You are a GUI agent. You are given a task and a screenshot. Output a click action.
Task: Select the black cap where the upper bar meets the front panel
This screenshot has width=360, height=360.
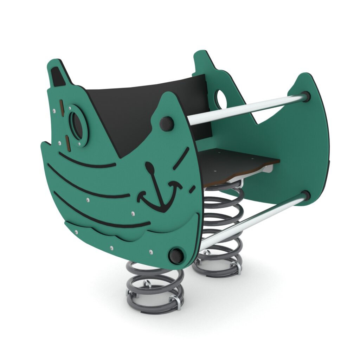click(x=167, y=123)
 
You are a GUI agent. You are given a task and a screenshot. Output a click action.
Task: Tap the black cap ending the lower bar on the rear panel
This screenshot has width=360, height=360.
click(x=306, y=195)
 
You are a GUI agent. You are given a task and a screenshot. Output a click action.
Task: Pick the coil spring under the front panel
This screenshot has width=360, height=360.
click(x=155, y=288)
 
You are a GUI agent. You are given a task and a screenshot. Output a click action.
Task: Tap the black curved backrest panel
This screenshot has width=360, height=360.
click(x=141, y=105)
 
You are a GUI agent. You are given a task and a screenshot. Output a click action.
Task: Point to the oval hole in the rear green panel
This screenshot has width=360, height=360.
click(x=221, y=99)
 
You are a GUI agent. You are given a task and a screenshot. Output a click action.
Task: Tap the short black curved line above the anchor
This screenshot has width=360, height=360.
click(x=181, y=158)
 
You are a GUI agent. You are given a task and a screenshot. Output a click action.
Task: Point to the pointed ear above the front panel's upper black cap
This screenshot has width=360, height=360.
click(x=170, y=105)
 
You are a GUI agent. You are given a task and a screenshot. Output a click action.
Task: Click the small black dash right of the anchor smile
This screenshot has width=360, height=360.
click(x=192, y=189)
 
